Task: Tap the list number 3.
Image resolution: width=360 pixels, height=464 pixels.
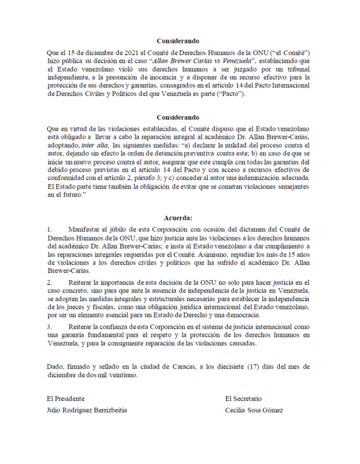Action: tap(49, 327)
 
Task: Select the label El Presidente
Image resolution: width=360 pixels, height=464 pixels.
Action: tap(66, 398)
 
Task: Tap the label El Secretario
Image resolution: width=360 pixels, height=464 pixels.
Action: tap(243, 398)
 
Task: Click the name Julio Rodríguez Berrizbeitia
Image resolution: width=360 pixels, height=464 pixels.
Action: tap(87, 411)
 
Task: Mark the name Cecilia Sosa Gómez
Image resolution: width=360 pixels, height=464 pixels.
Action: tap(254, 411)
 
